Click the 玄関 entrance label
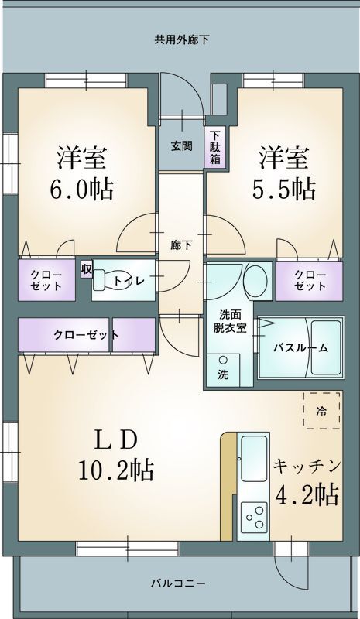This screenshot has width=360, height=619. [x=182, y=146]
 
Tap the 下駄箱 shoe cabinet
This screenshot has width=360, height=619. [x=215, y=147]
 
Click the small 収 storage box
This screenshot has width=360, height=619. [x=87, y=269]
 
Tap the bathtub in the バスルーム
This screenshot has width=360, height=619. [x=326, y=347]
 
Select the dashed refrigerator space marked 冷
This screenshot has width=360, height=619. [x=321, y=410]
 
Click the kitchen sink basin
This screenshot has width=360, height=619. [x=254, y=459]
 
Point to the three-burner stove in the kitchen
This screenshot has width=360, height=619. [x=254, y=516]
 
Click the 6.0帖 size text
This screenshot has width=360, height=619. [x=81, y=189]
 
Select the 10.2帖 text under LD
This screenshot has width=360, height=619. [x=116, y=470]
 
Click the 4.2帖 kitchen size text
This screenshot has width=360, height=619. [x=307, y=494]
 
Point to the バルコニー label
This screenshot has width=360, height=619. [x=178, y=583]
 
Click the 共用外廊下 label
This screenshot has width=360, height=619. [x=181, y=39]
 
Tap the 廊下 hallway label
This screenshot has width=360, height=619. [x=181, y=245]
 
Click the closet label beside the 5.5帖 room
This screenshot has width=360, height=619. [x=310, y=280]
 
